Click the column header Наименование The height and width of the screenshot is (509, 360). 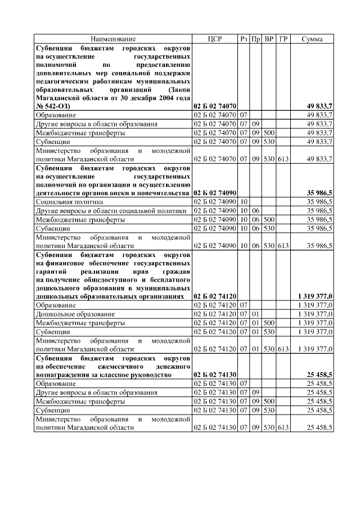[x=113, y=39]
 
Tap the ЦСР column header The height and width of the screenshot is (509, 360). [x=215, y=39]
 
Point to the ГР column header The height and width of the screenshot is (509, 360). [x=283, y=39]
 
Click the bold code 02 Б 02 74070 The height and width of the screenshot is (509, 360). [x=215, y=106]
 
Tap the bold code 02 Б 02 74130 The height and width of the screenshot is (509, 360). [x=215, y=374]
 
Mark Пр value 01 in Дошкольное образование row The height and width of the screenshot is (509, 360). [x=255, y=313]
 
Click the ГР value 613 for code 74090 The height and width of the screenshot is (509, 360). [x=283, y=246]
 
